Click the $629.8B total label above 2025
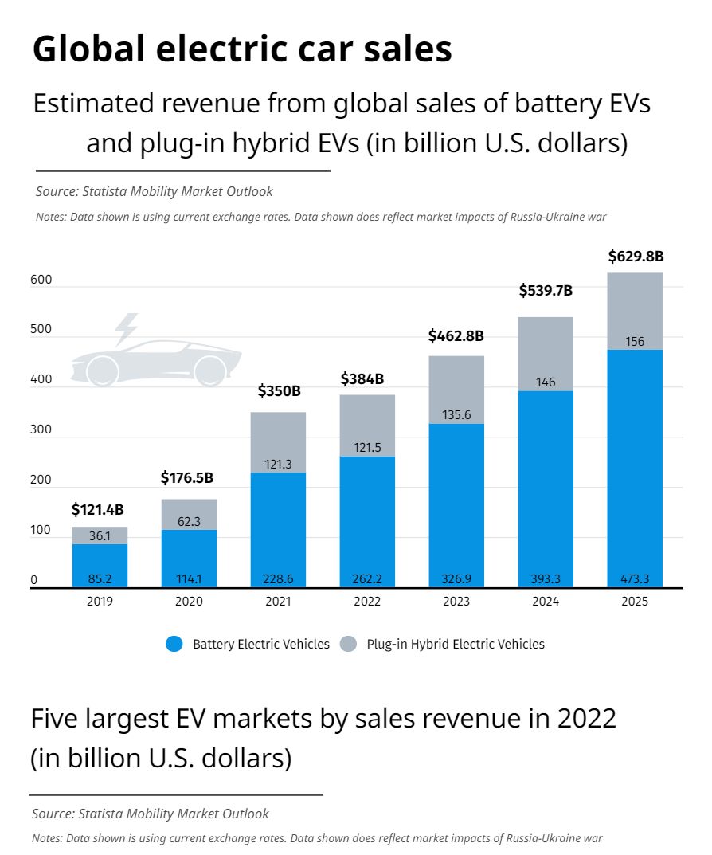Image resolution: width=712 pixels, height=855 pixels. coord(636,257)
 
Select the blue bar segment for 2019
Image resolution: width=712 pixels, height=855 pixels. coord(100,566)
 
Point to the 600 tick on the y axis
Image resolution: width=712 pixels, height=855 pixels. coord(41,280)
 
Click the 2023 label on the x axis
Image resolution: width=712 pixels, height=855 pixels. coord(456,602)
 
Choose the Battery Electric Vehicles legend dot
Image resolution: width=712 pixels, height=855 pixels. coord(175,644)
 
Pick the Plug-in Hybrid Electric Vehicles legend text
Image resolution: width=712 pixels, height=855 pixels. coord(456,644)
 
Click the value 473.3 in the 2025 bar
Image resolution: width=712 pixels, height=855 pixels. coord(636,578)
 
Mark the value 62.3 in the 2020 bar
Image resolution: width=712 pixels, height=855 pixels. coord(189,523)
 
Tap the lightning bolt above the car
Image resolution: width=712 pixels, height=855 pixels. coord(126,328)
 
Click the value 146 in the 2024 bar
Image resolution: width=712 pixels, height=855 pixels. coord(546,382)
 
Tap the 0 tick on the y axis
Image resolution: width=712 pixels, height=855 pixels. coord(34,580)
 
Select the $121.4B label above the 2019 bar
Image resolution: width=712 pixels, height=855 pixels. coord(98,509)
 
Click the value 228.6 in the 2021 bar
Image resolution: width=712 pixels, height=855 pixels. coord(278,578)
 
